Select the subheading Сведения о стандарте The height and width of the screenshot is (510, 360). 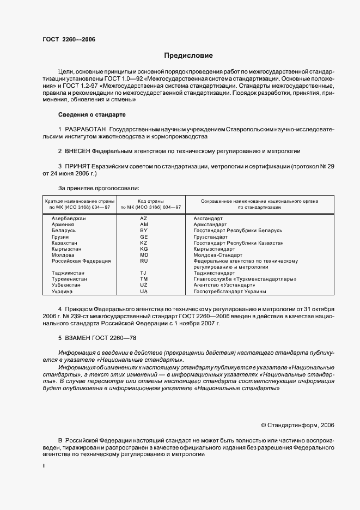91,115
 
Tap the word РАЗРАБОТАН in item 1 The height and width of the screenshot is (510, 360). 86,129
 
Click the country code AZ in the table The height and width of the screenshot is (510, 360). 144,218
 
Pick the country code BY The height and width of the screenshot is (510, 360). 144,230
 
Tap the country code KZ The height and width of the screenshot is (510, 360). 144,242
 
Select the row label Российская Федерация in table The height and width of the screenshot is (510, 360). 81,261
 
